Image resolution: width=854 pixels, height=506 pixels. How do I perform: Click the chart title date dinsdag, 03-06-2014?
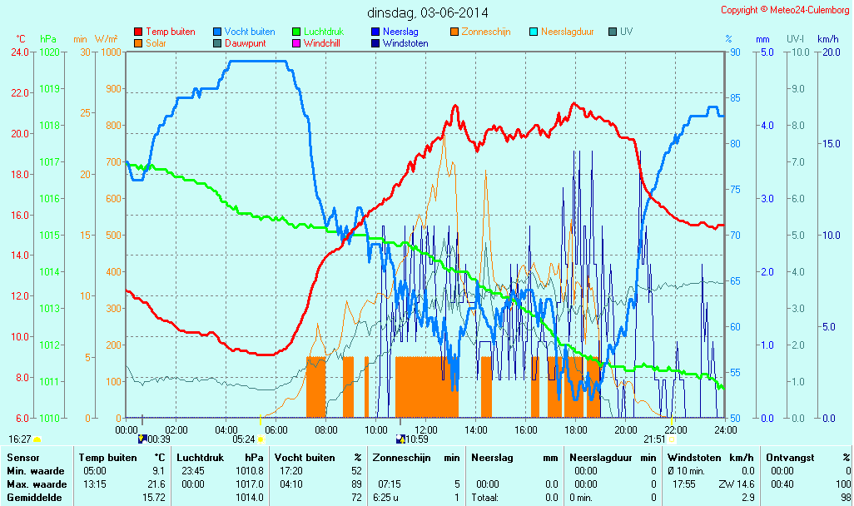pos(428,12)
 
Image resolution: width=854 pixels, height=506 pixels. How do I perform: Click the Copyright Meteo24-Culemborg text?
pos(785,10)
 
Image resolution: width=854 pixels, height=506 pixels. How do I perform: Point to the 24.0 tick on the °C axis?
pos(21,52)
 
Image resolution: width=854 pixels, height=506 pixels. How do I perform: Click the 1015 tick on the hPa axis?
pos(49,235)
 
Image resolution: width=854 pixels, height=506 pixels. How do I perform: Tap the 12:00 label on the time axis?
pos(425,429)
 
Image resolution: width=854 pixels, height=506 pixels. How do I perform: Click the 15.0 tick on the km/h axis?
pos(828,143)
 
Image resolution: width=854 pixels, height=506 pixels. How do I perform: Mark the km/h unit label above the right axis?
pos(827,39)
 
